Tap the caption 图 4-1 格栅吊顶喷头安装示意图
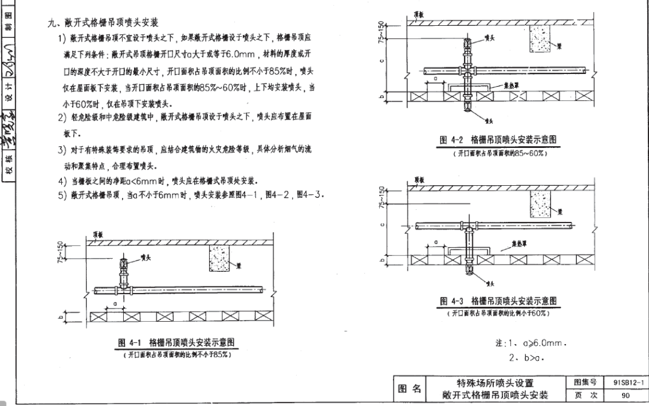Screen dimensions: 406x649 pos(176,343)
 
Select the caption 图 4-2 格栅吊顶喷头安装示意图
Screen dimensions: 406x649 pos(498,140)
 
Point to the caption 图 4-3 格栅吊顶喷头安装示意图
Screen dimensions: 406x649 pos(498,301)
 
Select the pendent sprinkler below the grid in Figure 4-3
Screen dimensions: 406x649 pos(469,271)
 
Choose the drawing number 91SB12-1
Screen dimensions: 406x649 pos(629,383)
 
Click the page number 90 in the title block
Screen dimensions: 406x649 pos(626,395)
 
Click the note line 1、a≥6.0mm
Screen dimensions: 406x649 pos(531,343)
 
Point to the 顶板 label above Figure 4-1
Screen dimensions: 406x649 pos(98,235)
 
